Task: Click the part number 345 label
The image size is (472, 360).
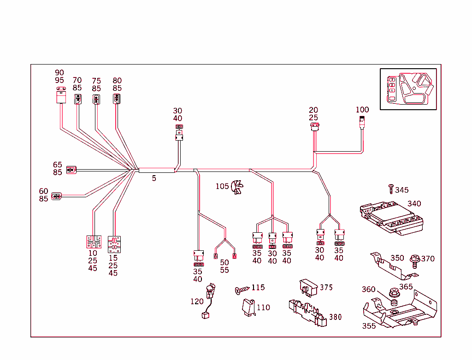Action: pos(401,190)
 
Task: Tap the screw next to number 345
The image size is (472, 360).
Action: pos(391,188)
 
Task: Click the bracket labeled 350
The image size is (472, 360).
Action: pos(394,267)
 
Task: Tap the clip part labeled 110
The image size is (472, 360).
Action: pos(249,307)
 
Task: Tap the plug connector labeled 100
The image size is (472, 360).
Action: pos(362,122)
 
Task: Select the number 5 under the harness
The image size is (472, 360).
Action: pos(154,178)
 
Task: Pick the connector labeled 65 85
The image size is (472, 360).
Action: pos(71,170)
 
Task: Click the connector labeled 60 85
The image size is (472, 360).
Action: pos(56,196)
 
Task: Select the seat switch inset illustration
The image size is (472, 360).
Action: pos(408,89)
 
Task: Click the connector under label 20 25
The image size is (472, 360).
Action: pos(315,126)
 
